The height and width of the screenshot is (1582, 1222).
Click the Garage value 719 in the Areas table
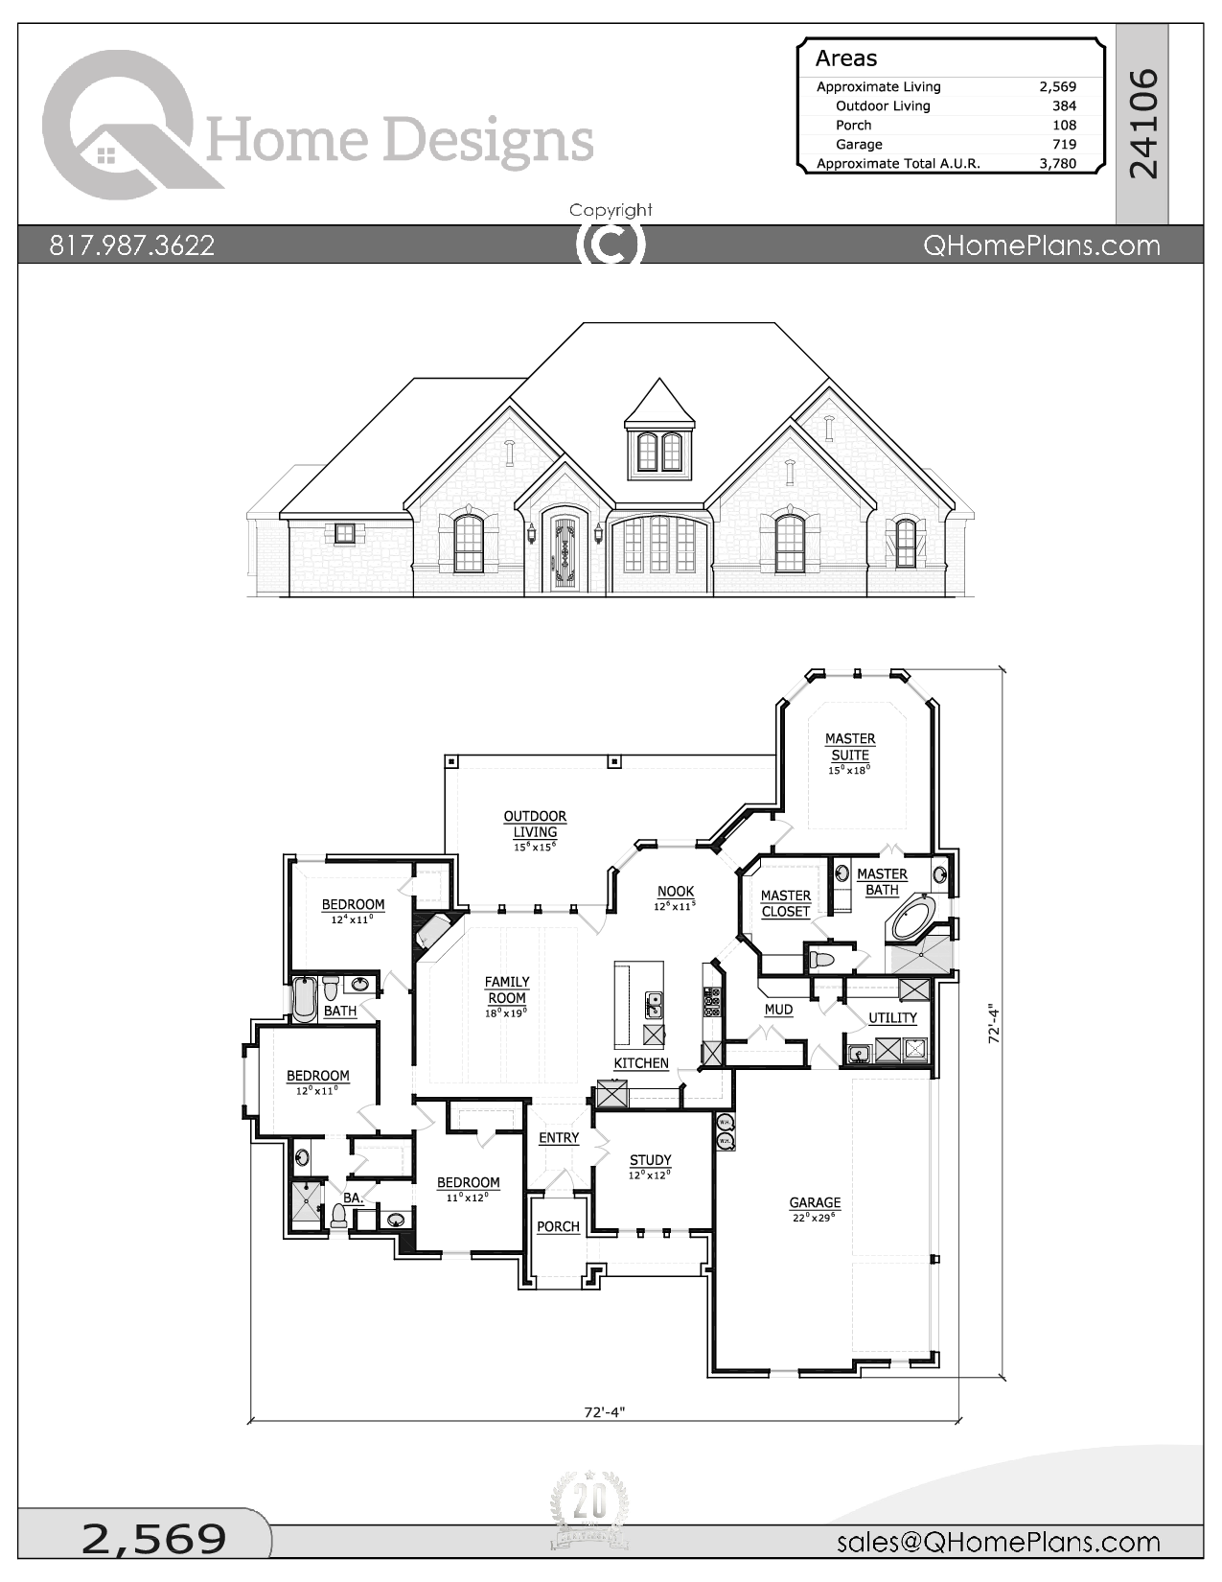1064,144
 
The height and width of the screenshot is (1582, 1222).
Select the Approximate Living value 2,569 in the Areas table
1057,86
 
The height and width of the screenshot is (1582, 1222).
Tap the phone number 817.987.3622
131,245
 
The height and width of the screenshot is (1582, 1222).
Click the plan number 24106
1141,124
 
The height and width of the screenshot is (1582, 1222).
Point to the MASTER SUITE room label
850,747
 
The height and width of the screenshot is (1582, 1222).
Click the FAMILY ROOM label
507,990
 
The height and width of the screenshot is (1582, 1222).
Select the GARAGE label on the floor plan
816,1202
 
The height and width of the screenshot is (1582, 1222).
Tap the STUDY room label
650,1160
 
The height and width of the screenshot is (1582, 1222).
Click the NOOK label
676,891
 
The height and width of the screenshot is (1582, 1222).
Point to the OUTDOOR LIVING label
535,825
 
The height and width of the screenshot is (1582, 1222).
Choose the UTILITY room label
892,1018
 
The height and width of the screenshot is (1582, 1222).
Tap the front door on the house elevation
565,552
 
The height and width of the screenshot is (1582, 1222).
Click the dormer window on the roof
659,451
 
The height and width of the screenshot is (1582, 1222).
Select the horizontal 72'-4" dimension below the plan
604,1412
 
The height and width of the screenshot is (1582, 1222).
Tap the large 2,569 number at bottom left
154,1539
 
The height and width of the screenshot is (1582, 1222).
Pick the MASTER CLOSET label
785,903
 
